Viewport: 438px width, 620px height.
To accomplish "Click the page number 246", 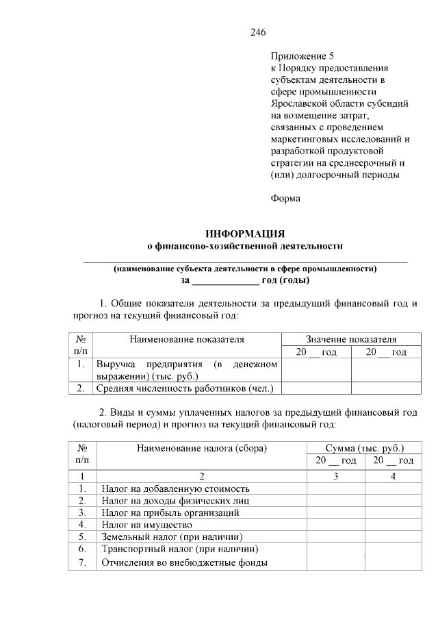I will click(257, 32).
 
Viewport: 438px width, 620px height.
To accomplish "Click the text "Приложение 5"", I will click(300, 57).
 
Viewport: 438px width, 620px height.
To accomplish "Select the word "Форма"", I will click(285, 198).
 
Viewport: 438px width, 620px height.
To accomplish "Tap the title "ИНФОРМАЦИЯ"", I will click(245, 233).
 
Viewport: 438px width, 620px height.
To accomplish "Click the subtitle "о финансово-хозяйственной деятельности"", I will click(245, 245).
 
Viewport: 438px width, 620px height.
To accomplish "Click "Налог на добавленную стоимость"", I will click(175, 488).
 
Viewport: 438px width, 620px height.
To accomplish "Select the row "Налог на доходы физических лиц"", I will click(175, 500).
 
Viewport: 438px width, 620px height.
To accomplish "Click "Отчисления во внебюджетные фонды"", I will click(183, 563).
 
